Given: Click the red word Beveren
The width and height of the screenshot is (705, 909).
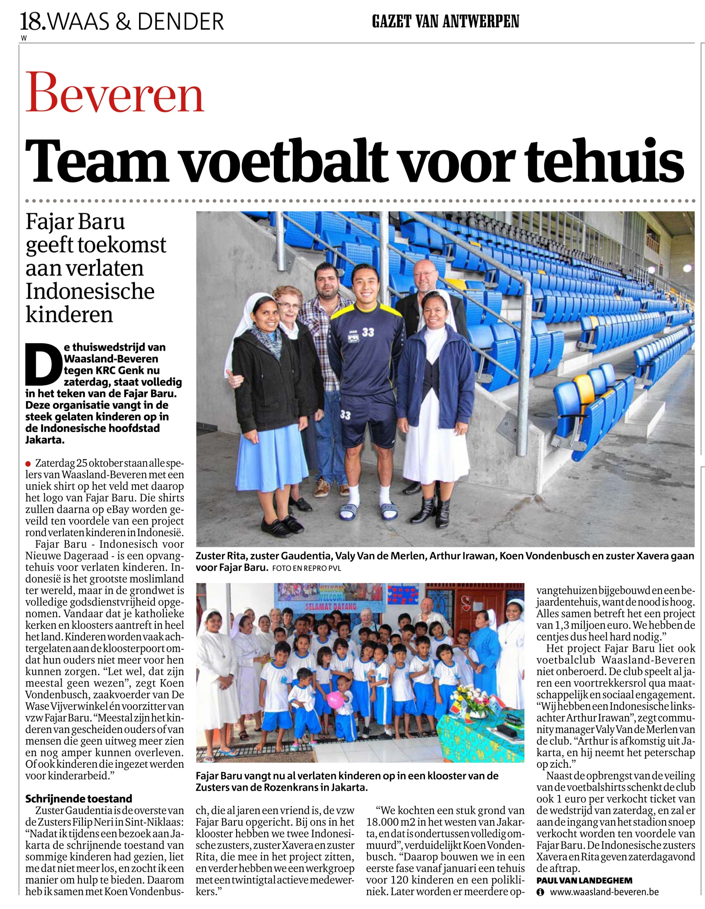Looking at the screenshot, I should (x=115, y=93).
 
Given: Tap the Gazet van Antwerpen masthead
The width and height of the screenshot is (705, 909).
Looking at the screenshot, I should (x=445, y=21).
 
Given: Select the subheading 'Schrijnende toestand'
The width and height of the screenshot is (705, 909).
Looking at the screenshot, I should (x=78, y=798).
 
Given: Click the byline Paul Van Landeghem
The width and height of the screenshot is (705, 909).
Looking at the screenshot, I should (x=584, y=881).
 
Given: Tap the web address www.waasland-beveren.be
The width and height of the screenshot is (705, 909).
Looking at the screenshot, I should (x=604, y=892).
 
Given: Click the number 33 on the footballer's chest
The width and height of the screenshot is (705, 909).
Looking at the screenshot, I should (x=368, y=332).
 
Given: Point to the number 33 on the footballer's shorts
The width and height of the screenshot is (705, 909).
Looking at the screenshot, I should (x=345, y=414).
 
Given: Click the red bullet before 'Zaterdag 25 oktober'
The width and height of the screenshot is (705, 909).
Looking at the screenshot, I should (x=28, y=464).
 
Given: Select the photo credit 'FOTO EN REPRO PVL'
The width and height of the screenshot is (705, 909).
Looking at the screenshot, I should (x=306, y=568).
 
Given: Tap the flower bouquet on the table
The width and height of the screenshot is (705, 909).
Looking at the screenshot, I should (x=476, y=697).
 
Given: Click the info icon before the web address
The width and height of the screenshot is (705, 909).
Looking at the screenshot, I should (x=540, y=892).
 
